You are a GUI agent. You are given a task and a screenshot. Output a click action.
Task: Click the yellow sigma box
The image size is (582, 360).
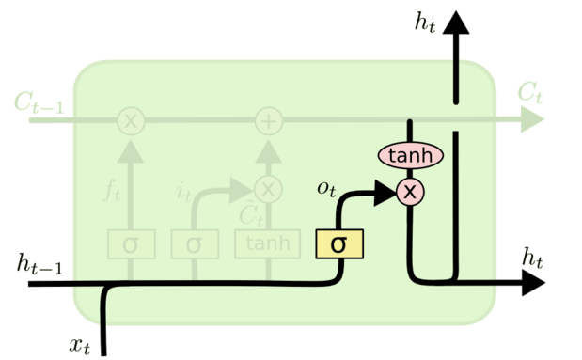[338, 244]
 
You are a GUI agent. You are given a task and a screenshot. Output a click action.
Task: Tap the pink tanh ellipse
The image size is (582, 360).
[411, 155]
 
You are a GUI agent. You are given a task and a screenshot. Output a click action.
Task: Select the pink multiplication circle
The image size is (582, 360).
[410, 192]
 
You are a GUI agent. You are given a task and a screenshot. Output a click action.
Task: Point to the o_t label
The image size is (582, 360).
[327, 190]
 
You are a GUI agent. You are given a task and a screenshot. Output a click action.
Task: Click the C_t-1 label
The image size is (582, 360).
[39, 102]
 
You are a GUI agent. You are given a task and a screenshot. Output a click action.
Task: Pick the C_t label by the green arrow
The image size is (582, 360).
[529, 93]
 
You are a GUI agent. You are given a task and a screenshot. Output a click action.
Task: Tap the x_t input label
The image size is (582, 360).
[82, 343]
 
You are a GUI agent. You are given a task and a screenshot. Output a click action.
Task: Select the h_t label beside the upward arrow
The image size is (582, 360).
[426, 22]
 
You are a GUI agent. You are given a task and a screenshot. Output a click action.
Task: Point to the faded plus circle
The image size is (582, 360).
[270, 120]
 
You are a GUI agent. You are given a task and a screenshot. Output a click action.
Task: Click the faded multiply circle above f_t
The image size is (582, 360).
[130, 120]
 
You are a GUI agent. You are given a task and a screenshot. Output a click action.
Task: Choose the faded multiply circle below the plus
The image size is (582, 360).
[270, 189]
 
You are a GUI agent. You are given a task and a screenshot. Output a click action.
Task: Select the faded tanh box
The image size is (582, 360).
[268, 244]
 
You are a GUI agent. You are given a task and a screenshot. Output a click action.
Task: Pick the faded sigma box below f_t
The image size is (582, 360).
[130, 244]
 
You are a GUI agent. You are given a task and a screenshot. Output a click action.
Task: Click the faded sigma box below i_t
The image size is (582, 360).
[194, 244]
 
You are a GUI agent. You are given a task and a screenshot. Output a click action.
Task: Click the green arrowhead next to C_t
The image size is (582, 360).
[533, 120]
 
